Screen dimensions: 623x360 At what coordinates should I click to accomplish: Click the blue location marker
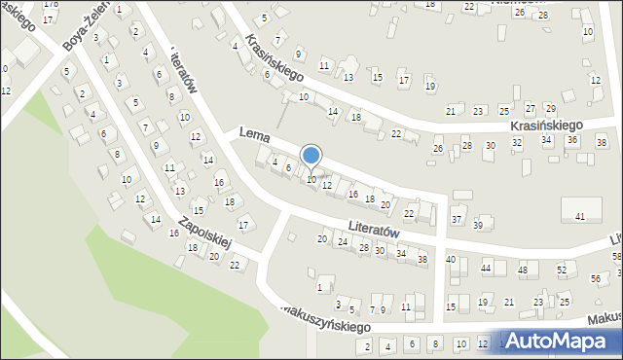point(311,156)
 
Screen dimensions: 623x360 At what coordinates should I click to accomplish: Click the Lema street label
point(253,140)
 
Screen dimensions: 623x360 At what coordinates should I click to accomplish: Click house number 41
point(580,216)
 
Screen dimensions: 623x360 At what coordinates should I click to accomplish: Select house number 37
point(457,219)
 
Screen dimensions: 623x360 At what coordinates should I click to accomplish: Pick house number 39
point(478,226)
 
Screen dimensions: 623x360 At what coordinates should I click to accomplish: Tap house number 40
point(451,259)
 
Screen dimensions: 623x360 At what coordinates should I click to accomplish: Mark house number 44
point(486,268)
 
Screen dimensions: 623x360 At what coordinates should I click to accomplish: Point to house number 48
point(523,270)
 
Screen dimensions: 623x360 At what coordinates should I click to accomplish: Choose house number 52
point(561,270)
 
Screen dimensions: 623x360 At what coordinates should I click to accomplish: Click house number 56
point(596,278)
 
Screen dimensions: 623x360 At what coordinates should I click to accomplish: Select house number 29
point(550,107)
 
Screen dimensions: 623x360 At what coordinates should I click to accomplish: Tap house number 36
point(572,140)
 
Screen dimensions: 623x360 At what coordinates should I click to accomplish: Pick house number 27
point(530,107)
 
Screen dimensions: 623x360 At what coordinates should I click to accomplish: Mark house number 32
point(517,143)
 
